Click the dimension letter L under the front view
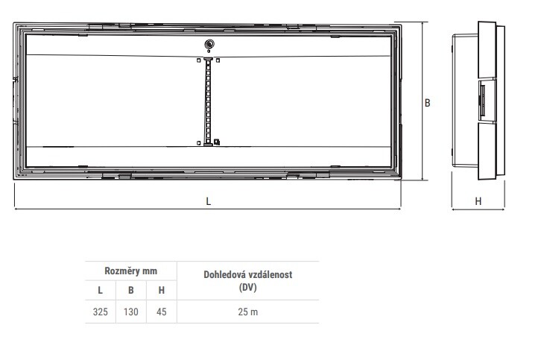[x=208, y=201]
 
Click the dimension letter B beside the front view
[x=428, y=103]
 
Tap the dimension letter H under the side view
[x=478, y=201]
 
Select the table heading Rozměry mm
[x=131, y=271]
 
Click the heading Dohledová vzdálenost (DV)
[x=247, y=280]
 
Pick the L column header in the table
[x=101, y=290]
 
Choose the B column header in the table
[x=131, y=290]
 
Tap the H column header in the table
[x=161, y=290]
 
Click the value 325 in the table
[x=101, y=312]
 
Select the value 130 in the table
[x=131, y=312]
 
